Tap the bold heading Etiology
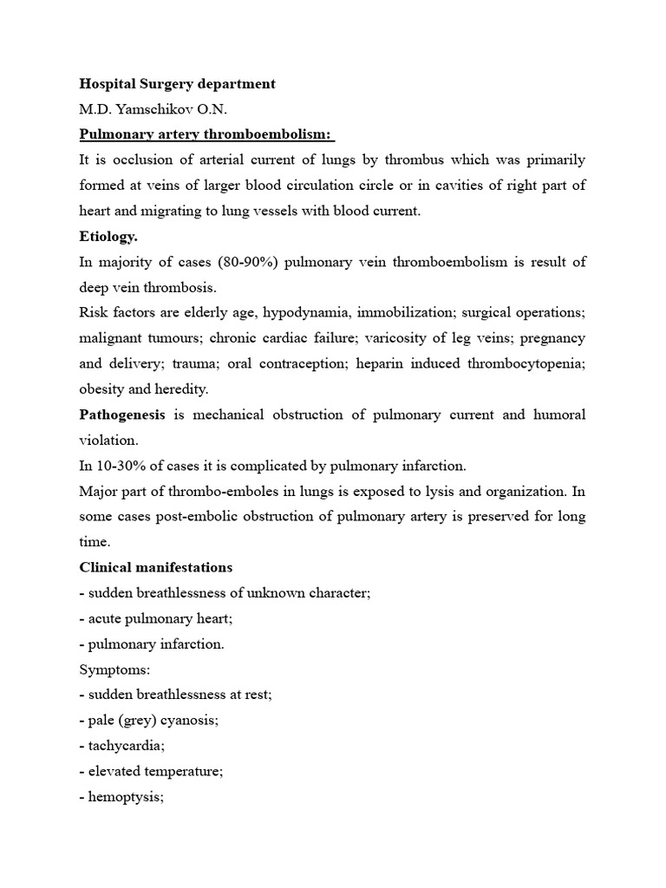coord(108,237)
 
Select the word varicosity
coord(411,338)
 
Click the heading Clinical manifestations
coord(156,567)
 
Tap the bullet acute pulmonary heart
coord(156,618)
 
